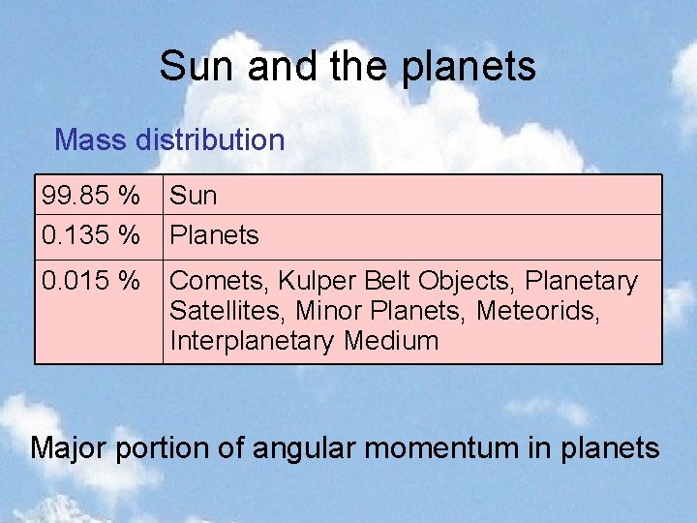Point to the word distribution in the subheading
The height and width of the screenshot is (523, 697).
pos(210,140)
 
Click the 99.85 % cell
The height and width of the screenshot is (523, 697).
pos(90,196)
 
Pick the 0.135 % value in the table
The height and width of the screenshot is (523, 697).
pos(90,235)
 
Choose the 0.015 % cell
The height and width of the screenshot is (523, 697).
pos(90,282)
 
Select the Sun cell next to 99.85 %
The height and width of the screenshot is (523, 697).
pos(194,196)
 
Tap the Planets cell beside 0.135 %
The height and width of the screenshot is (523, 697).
pos(214,235)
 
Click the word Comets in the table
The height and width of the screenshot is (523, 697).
pos(219,282)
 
